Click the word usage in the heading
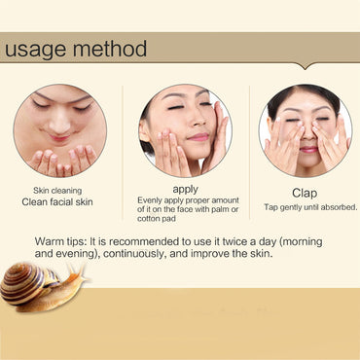36,50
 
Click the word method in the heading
110,49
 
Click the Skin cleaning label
57,191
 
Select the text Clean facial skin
57,202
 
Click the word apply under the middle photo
186,190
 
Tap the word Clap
305,193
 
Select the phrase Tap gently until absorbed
310,207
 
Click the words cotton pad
157,219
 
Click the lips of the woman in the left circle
59,138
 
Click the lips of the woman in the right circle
308,150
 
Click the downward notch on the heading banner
305,66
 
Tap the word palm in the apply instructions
221,209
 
